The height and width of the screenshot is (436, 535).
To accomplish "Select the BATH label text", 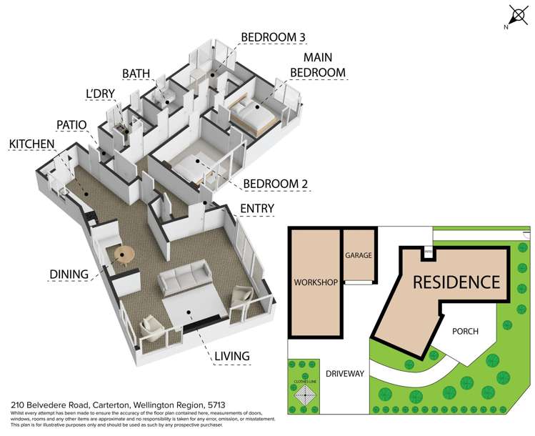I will [136, 74].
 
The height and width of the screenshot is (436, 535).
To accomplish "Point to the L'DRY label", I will [100, 94].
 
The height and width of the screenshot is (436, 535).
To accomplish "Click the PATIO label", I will [71, 124].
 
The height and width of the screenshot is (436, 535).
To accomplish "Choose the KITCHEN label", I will [31, 144].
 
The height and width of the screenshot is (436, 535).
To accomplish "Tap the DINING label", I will [69, 273].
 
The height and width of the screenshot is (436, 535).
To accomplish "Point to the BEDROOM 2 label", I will [276, 184].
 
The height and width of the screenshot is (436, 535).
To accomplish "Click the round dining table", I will [124, 254].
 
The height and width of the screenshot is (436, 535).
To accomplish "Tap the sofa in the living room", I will [184, 280].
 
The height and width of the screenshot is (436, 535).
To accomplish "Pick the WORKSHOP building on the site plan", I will [315, 282].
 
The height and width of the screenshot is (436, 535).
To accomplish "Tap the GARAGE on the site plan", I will [359, 255].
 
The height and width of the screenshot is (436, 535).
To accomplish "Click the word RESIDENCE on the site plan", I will [456, 282].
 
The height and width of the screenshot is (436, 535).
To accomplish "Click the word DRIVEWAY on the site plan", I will [344, 373].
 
